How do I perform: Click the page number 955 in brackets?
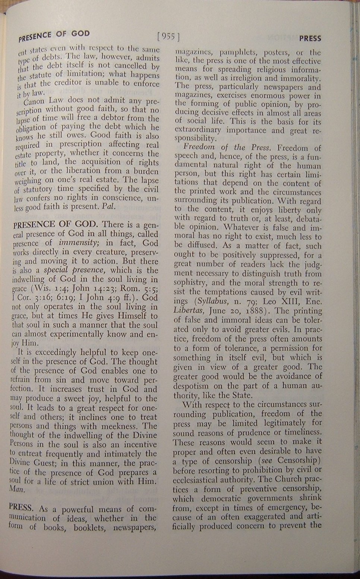point(168,36)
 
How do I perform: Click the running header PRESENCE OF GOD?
point(54,35)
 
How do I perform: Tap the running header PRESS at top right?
point(310,38)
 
